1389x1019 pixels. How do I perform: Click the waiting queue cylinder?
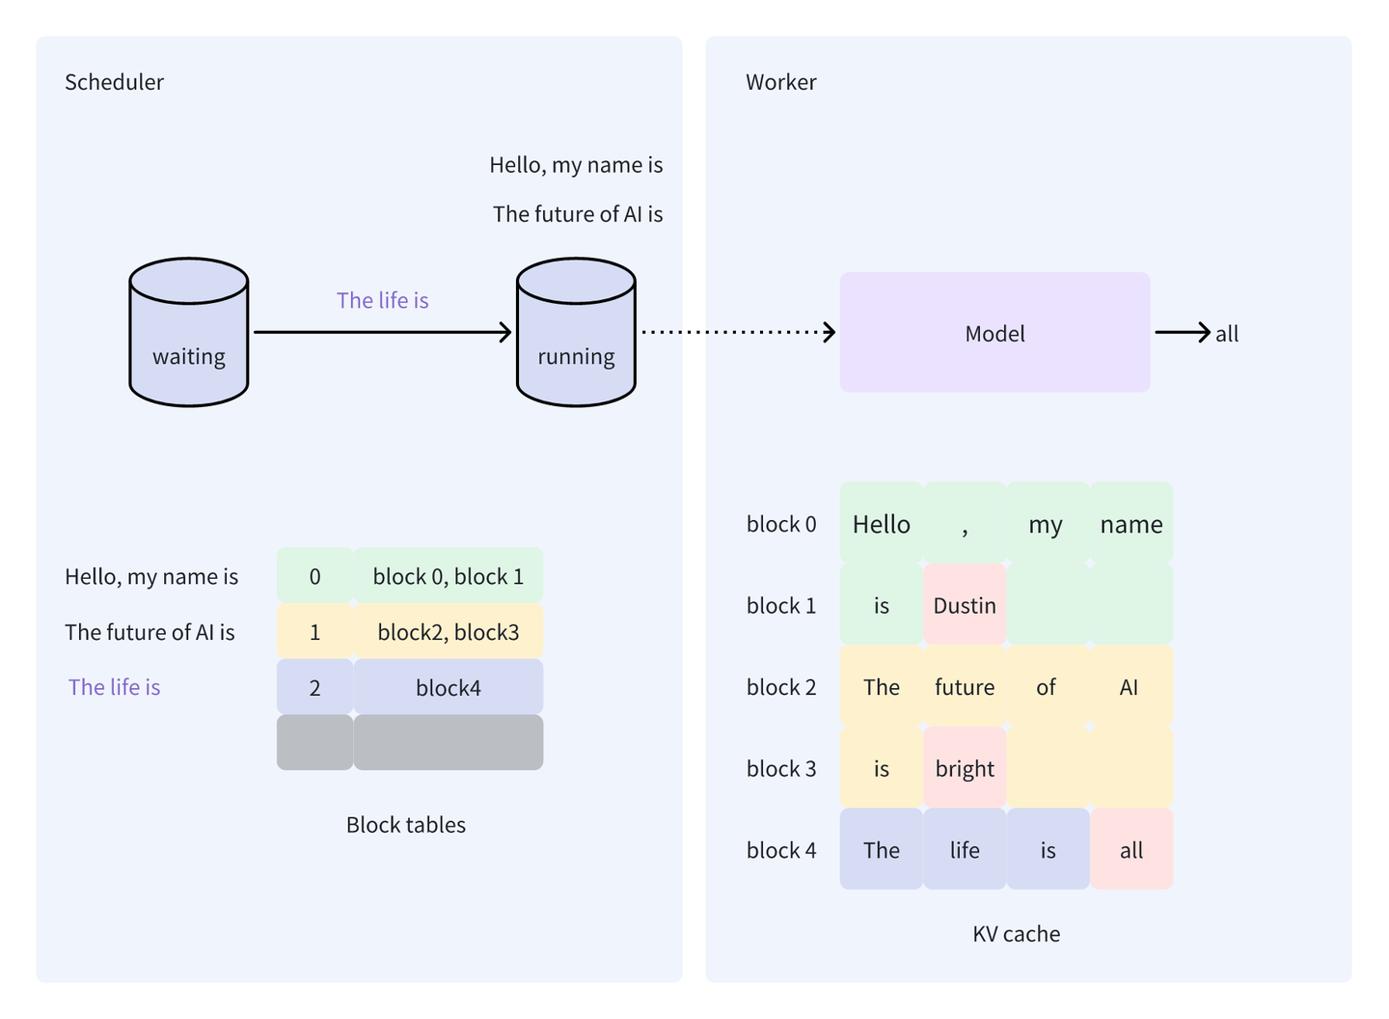189,333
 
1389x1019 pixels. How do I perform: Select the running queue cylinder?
576,333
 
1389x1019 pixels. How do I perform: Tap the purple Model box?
994,333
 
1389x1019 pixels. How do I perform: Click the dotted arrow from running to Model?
738,332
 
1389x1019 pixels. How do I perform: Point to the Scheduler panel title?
114,82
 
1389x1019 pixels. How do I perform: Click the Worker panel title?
780,82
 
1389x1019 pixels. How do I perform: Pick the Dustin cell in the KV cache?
965,605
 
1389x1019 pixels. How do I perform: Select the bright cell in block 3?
965,768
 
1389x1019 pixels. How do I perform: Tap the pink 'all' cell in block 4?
1131,850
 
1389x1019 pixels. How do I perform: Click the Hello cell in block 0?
881,524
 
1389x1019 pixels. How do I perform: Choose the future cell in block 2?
965,687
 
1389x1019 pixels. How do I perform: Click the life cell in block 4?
965,850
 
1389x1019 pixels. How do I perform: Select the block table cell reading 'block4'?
449,688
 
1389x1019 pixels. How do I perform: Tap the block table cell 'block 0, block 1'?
449,576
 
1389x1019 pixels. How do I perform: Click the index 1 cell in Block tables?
314,632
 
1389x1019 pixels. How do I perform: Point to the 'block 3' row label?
781,768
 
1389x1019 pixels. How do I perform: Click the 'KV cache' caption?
1016,933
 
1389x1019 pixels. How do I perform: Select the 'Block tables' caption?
406,824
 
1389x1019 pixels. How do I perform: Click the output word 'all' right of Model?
1227,334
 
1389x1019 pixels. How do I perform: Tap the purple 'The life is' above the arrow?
382,300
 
